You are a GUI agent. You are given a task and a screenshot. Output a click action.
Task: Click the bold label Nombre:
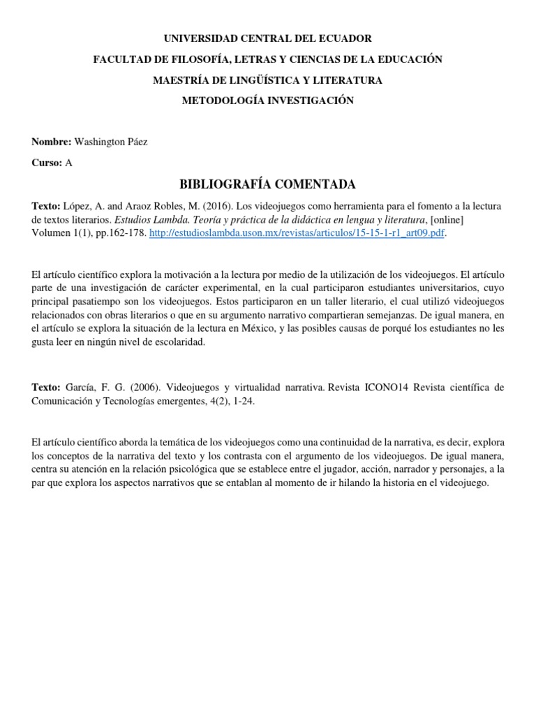52,142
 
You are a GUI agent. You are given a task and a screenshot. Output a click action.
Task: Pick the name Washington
99,142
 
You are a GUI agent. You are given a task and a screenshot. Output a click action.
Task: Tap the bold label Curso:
47,162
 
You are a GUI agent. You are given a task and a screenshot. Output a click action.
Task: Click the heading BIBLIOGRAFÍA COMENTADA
268,184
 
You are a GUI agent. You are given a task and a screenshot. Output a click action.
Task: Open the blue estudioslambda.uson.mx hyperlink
296,234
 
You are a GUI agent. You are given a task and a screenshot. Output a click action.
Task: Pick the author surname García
80,387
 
